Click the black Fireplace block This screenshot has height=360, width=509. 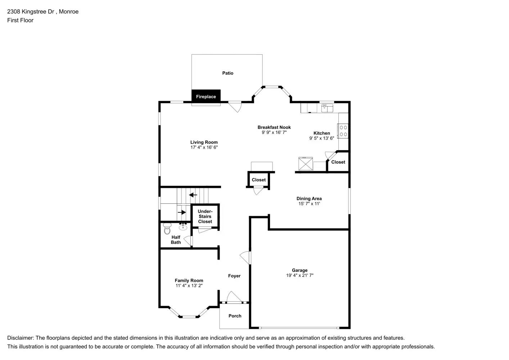206,96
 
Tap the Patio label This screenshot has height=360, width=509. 228,73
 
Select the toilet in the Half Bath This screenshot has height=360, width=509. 167,229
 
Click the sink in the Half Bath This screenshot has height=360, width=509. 183,226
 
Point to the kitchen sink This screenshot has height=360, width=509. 327,108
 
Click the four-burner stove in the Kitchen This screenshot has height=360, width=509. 343,131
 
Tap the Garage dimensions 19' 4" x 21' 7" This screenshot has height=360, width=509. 299,275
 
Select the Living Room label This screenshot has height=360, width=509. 204,142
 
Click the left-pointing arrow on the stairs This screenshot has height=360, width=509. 193,195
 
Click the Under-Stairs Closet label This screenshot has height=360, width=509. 205,216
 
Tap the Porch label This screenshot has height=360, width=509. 235,316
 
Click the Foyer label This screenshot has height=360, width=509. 234,276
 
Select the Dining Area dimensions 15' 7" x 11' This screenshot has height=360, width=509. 309,204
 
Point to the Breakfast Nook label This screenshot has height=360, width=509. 274,127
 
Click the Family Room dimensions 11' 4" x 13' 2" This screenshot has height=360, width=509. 189,285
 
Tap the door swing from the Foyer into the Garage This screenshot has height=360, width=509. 245,257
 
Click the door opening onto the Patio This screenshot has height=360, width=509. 235,107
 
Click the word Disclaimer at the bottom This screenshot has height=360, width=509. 20,338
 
